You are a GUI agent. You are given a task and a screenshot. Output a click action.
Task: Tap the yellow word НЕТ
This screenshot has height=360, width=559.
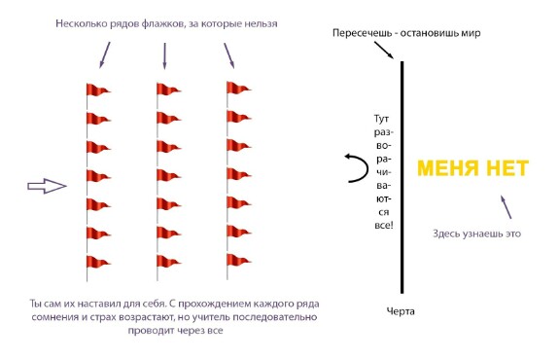pyautogui.click(x=507, y=168)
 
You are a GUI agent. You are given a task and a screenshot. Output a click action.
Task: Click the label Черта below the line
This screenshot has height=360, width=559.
pyautogui.click(x=401, y=311)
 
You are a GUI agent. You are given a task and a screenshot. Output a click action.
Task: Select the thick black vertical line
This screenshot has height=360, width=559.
pyautogui.click(x=402, y=177)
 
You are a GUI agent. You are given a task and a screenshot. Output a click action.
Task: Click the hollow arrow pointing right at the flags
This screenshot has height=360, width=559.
pyautogui.click(x=47, y=186)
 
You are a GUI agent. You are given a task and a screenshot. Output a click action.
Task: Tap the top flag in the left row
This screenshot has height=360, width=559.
pyautogui.click(x=98, y=90)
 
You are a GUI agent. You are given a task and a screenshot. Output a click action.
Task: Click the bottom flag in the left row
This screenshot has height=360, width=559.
pyautogui.click(x=98, y=263)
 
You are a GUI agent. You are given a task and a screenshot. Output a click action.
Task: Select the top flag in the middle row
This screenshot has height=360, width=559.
pyautogui.click(x=168, y=90)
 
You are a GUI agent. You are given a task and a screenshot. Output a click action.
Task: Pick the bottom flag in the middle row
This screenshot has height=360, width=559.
pyautogui.click(x=168, y=262)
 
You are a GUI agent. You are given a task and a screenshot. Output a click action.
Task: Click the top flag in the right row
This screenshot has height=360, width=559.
pyautogui.click(x=239, y=89)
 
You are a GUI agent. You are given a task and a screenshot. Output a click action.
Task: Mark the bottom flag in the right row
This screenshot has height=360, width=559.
pyautogui.click(x=239, y=261)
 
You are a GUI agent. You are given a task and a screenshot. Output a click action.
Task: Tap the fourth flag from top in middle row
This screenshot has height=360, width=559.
pyautogui.click(x=168, y=175)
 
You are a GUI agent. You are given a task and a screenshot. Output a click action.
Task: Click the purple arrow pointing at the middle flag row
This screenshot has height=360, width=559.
pyautogui.click(x=164, y=56)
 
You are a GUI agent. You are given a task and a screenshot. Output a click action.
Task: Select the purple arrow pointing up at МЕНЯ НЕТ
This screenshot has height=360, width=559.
pyautogui.click(x=506, y=207)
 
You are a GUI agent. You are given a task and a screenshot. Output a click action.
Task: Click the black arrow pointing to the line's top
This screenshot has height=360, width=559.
pyautogui.click(x=384, y=50)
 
